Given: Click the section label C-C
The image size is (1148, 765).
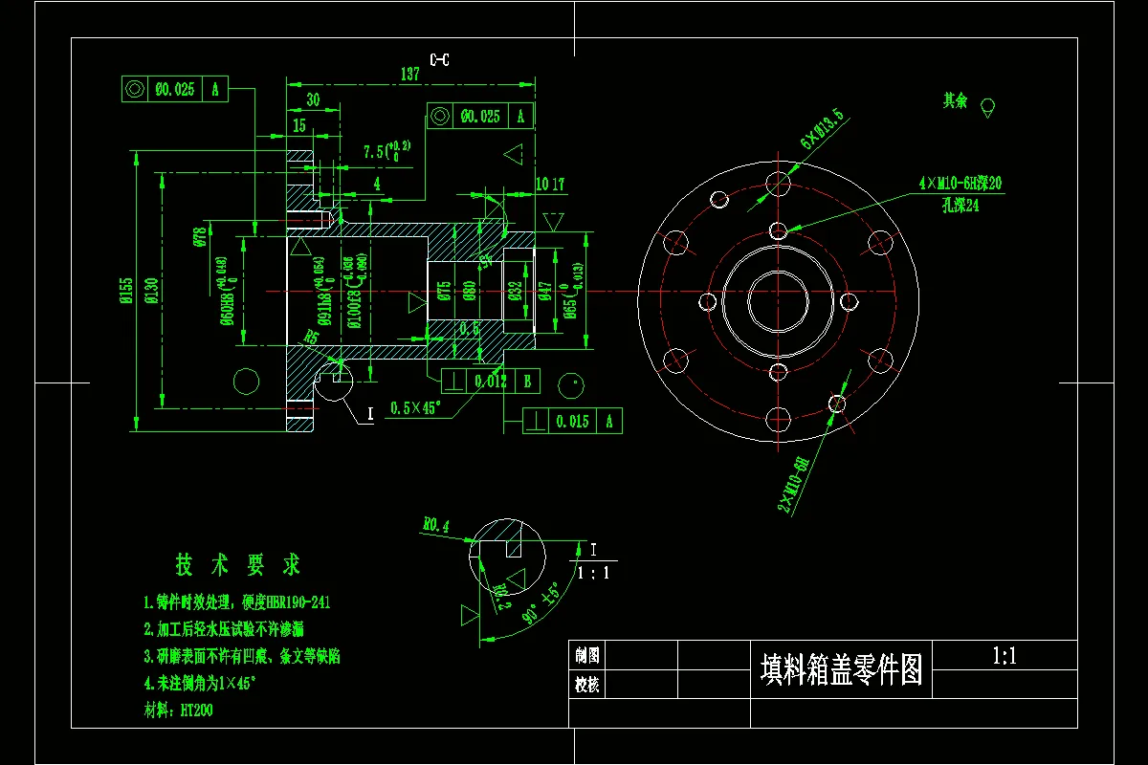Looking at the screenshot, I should tap(440, 60).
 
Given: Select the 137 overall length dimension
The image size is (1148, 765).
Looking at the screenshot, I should tap(410, 74).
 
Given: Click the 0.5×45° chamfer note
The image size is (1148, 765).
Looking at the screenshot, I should tap(415, 408).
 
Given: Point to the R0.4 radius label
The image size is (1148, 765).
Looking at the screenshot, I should tap(436, 524).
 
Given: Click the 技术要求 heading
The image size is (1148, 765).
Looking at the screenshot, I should tap(238, 565).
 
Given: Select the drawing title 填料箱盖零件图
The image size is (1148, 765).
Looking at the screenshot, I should tap(842, 668).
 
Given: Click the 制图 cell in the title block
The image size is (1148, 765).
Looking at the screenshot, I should tap(587, 655).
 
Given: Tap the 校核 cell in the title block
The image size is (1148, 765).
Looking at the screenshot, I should tap(587, 685).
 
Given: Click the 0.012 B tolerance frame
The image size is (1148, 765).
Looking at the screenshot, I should tap(491, 382).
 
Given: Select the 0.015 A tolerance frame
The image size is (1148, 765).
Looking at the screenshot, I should tap(572, 420).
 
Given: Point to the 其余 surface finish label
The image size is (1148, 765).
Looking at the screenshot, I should tap(955, 100).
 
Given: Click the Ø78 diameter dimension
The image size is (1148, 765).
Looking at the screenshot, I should tap(200, 237).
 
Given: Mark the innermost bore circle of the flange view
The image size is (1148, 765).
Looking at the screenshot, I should tap(778, 301).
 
